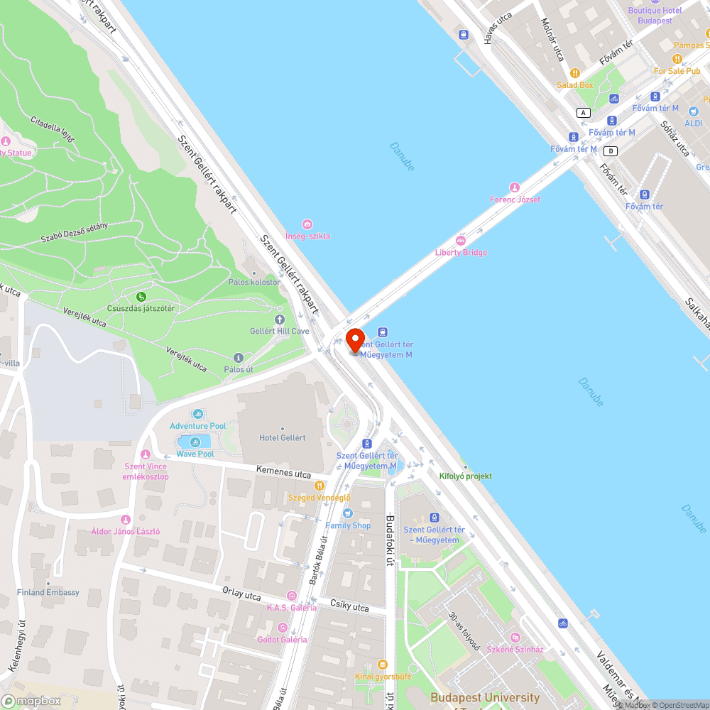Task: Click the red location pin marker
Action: point(355,339)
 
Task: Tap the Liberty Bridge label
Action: point(461,253)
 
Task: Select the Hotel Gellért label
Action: point(283,438)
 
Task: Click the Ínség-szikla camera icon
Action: point(307,224)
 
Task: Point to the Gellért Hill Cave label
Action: point(280,332)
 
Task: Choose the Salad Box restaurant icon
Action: point(574,73)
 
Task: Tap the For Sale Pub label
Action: point(677,71)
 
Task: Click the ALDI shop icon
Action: point(693,111)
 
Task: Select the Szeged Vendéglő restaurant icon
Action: point(319,486)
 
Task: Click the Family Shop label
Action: point(348,525)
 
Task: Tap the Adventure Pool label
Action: point(197,426)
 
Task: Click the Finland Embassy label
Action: point(48,592)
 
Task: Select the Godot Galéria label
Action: point(282,639)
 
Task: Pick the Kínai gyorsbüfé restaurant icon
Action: point(383,665)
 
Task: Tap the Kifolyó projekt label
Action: point(465,476)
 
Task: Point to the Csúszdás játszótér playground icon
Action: point(141,297)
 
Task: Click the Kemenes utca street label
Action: point(283,472)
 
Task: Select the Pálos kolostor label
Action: point(254,282)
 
